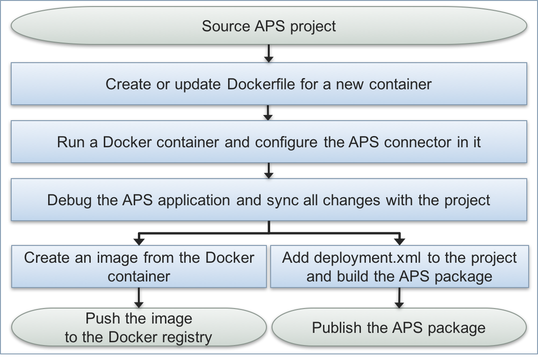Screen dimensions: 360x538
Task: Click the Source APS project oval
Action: [x=269, y=26]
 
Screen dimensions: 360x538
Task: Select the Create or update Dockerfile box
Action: [x=269, y=85]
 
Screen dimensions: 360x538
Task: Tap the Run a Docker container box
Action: [x=269, y=142]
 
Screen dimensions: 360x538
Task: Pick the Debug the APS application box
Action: [x=269, y=201]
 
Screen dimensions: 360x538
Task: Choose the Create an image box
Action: [x=139, y=266]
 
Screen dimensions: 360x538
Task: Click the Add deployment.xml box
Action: [x=399, y=266]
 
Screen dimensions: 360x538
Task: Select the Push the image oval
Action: [x=139, y=328]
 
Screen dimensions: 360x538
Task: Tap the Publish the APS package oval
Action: [x=399, y=328]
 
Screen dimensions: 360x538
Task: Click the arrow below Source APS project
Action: [x=269, y=53]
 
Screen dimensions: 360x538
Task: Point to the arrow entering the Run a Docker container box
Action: [x=269, y=112]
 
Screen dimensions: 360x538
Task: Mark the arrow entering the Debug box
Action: [x=269, y=170]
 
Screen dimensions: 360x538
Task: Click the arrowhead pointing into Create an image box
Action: [x=139, y=240]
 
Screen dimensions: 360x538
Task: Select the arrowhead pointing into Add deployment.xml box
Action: [x=399, y=240]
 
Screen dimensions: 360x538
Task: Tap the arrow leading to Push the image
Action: [x=139, y=297]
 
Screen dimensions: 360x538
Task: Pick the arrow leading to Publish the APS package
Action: [x=399, y=297]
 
